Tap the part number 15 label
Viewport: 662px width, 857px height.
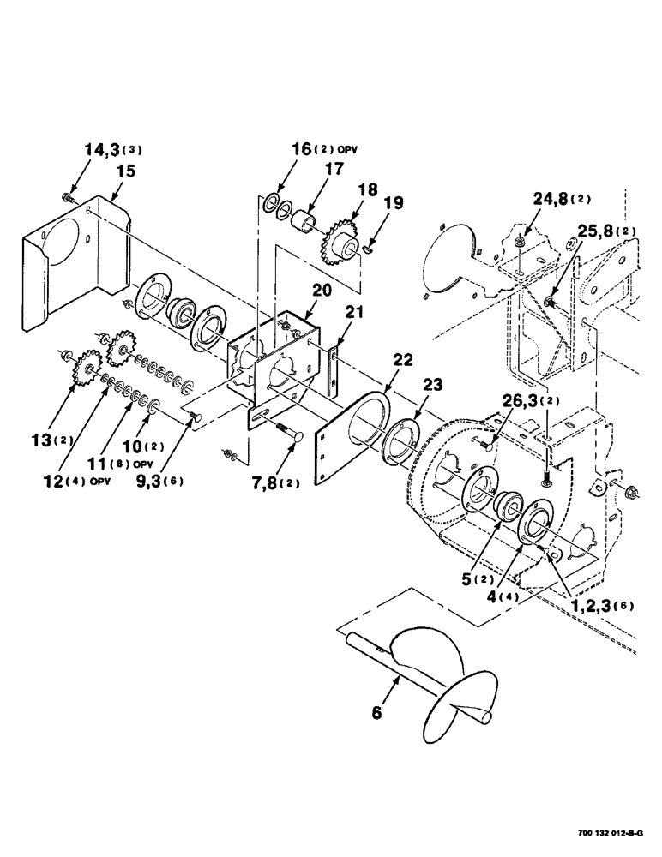[125, 171]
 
